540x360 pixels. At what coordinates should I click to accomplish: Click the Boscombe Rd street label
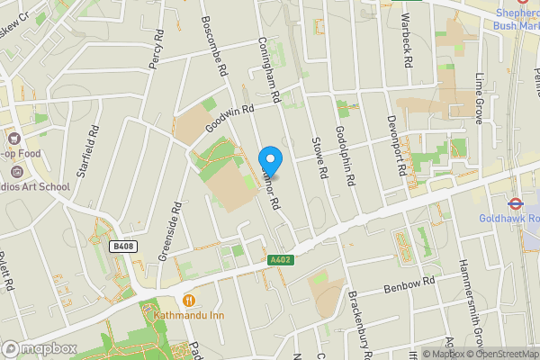pos(216,48)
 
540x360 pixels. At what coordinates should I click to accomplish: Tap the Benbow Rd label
pos(409,286)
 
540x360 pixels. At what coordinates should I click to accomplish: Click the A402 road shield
pos(279,260)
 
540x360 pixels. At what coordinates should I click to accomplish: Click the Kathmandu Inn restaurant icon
pos(189,300)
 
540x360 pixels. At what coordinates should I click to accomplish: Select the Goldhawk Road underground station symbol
pos(517,203)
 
